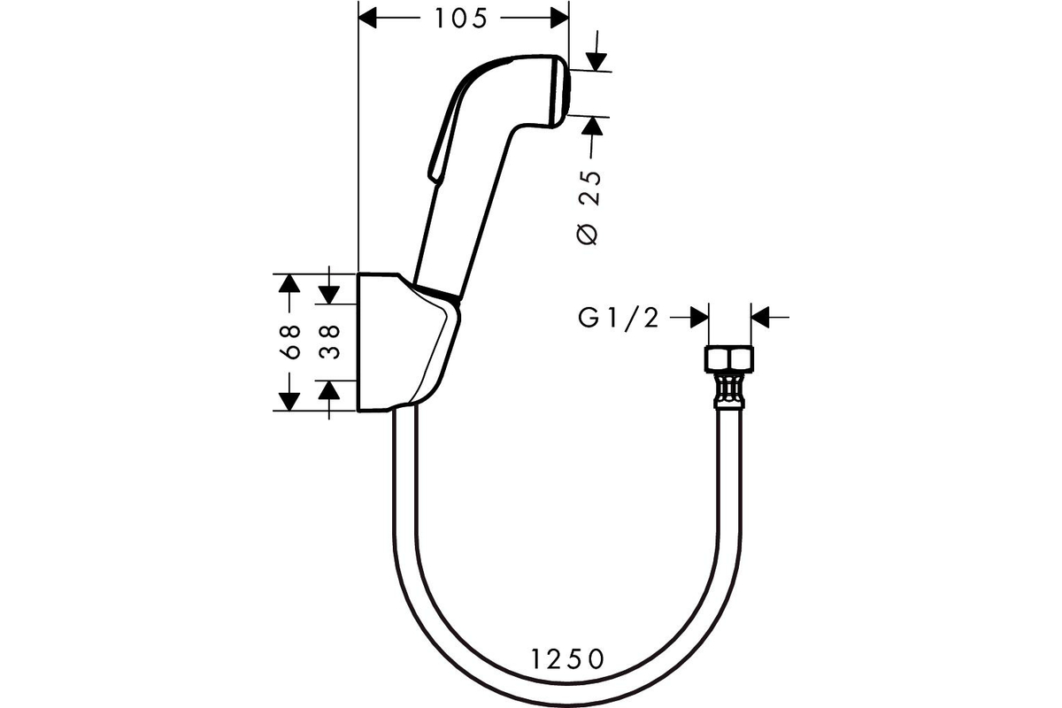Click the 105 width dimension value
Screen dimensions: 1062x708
click(x=461, y=19)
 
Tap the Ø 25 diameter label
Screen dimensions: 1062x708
click(x=589, y=208)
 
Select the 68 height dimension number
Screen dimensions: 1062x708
click(x=290, y=342)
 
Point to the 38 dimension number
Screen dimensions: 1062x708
click(x=329, y=342)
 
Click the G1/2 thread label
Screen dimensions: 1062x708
click(x=619, y=318)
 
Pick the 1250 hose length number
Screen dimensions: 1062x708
click(x=567, y=659)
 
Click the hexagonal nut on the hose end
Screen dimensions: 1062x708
click(x=729, y=360)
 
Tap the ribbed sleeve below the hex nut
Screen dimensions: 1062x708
click(x=729, y=390)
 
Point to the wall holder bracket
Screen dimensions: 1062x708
click(x=408, y=342)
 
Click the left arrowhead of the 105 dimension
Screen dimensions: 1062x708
click(x=367, y=19)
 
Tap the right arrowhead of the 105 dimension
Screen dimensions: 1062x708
click(x=560, y=19)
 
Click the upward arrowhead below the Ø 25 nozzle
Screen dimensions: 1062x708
click(x=592, y=126)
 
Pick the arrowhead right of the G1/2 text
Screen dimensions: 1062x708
click(x=699, y=317)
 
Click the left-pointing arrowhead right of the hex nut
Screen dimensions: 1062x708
click(x=760, y=317)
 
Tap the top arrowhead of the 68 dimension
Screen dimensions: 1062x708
click(x=289, y=283)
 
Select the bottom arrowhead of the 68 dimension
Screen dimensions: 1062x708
click(x=289, y=402)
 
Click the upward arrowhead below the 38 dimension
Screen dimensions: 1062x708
click(x=329, y=389)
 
